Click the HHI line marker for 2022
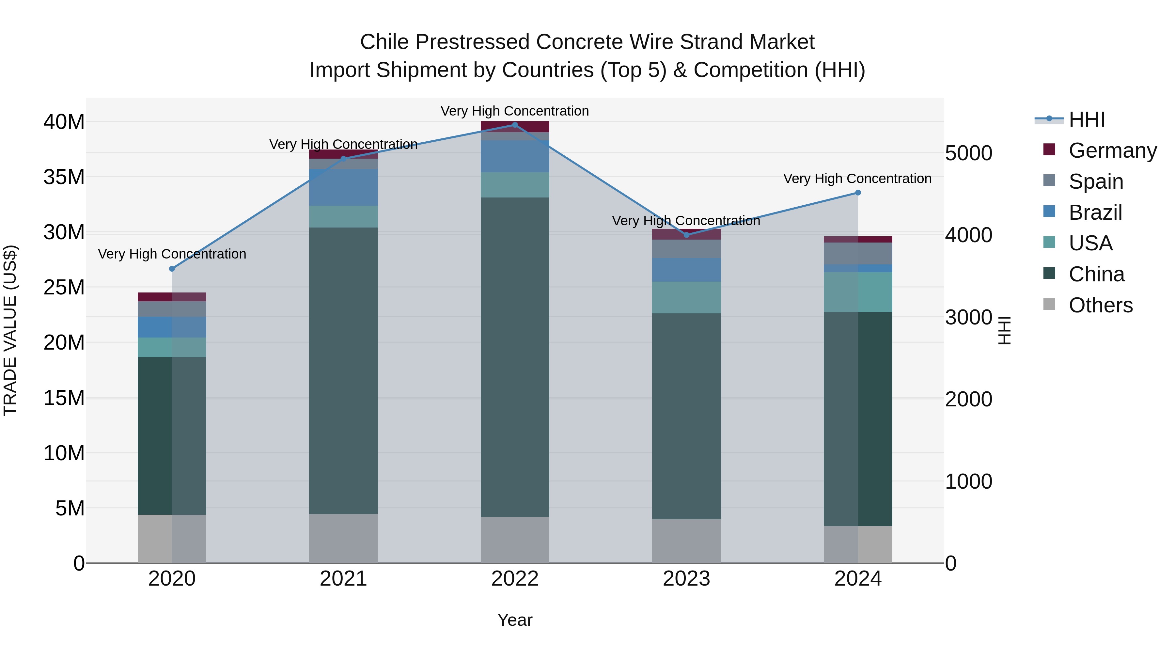[x=515, y=125]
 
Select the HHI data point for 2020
[x=172, y=269]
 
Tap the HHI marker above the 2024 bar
[x=857, y=193]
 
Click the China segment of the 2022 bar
[x=515, y=357]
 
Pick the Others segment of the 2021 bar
[x=343, y=538]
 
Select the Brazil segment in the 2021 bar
[x=343, y=187]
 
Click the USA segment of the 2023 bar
[x=686, y=297]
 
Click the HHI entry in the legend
[x=1087, y=119]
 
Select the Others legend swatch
[x=1049, y=304]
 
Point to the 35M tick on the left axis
[x=64, y=177]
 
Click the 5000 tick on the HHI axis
[x=968, y=153]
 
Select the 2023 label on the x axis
[x=686, y=579]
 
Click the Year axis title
[x=515, y=620]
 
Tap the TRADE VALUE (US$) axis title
[x=10, y=330]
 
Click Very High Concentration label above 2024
[x=857, y=178]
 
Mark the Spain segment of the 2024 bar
[x=857, y=253]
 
